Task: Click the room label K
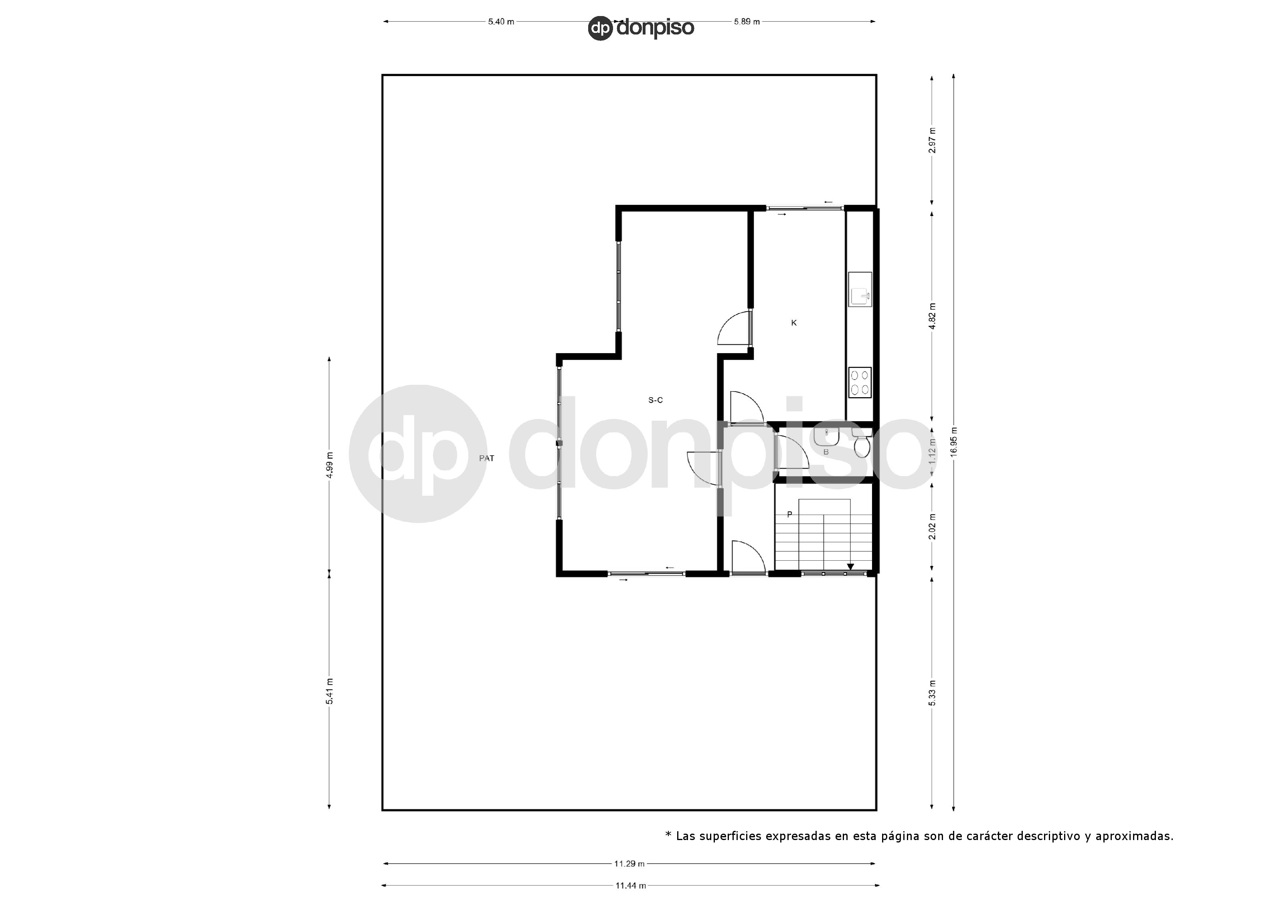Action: [793, 323]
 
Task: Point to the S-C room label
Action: [656, 400]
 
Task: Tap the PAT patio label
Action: [486, 458]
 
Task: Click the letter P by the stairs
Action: [789, 514]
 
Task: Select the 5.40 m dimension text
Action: [501, 22]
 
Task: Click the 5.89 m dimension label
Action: [747, 22]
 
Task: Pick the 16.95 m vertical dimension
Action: [953, 442]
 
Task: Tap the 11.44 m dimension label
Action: [630, 885]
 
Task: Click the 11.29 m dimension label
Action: [629, 863]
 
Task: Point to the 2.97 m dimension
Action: [931, 140]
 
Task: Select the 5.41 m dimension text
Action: [329, 691]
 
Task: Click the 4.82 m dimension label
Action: [931, 316]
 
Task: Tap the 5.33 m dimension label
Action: [931, 693]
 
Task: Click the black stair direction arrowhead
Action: [850, 567]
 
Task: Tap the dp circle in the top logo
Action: [601, 28]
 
